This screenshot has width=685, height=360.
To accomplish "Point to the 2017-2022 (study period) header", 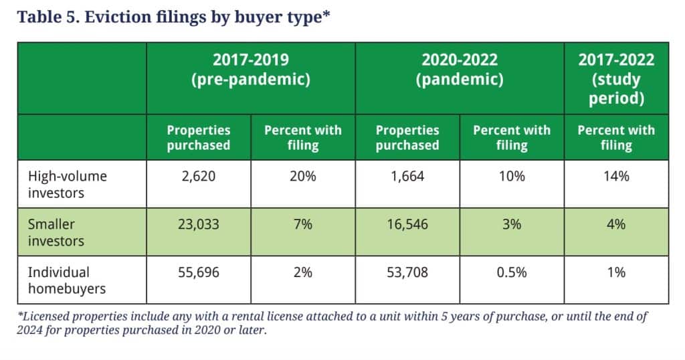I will click(616, 79).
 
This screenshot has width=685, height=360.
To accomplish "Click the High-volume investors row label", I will click(67, 184).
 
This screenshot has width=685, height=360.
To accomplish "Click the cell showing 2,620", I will click(199, 177).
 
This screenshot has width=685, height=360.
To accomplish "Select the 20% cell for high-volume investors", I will click(303, 177).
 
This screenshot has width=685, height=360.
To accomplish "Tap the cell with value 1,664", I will click(407, 177).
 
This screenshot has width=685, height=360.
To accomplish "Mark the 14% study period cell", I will click(616, 177).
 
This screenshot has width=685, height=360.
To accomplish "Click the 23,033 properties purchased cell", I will click(199, 225).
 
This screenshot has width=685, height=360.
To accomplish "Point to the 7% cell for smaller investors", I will click(303, 225).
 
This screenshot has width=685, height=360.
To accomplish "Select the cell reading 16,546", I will click(407, 225).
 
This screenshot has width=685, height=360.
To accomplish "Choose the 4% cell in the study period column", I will click(616, 225).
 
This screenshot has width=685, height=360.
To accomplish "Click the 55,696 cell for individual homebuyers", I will click(199, 272).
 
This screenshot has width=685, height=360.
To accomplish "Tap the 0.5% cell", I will click(512, 272).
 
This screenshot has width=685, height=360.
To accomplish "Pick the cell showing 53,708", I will click(407, 272).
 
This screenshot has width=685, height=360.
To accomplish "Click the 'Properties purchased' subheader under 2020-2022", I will click(407, 137).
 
